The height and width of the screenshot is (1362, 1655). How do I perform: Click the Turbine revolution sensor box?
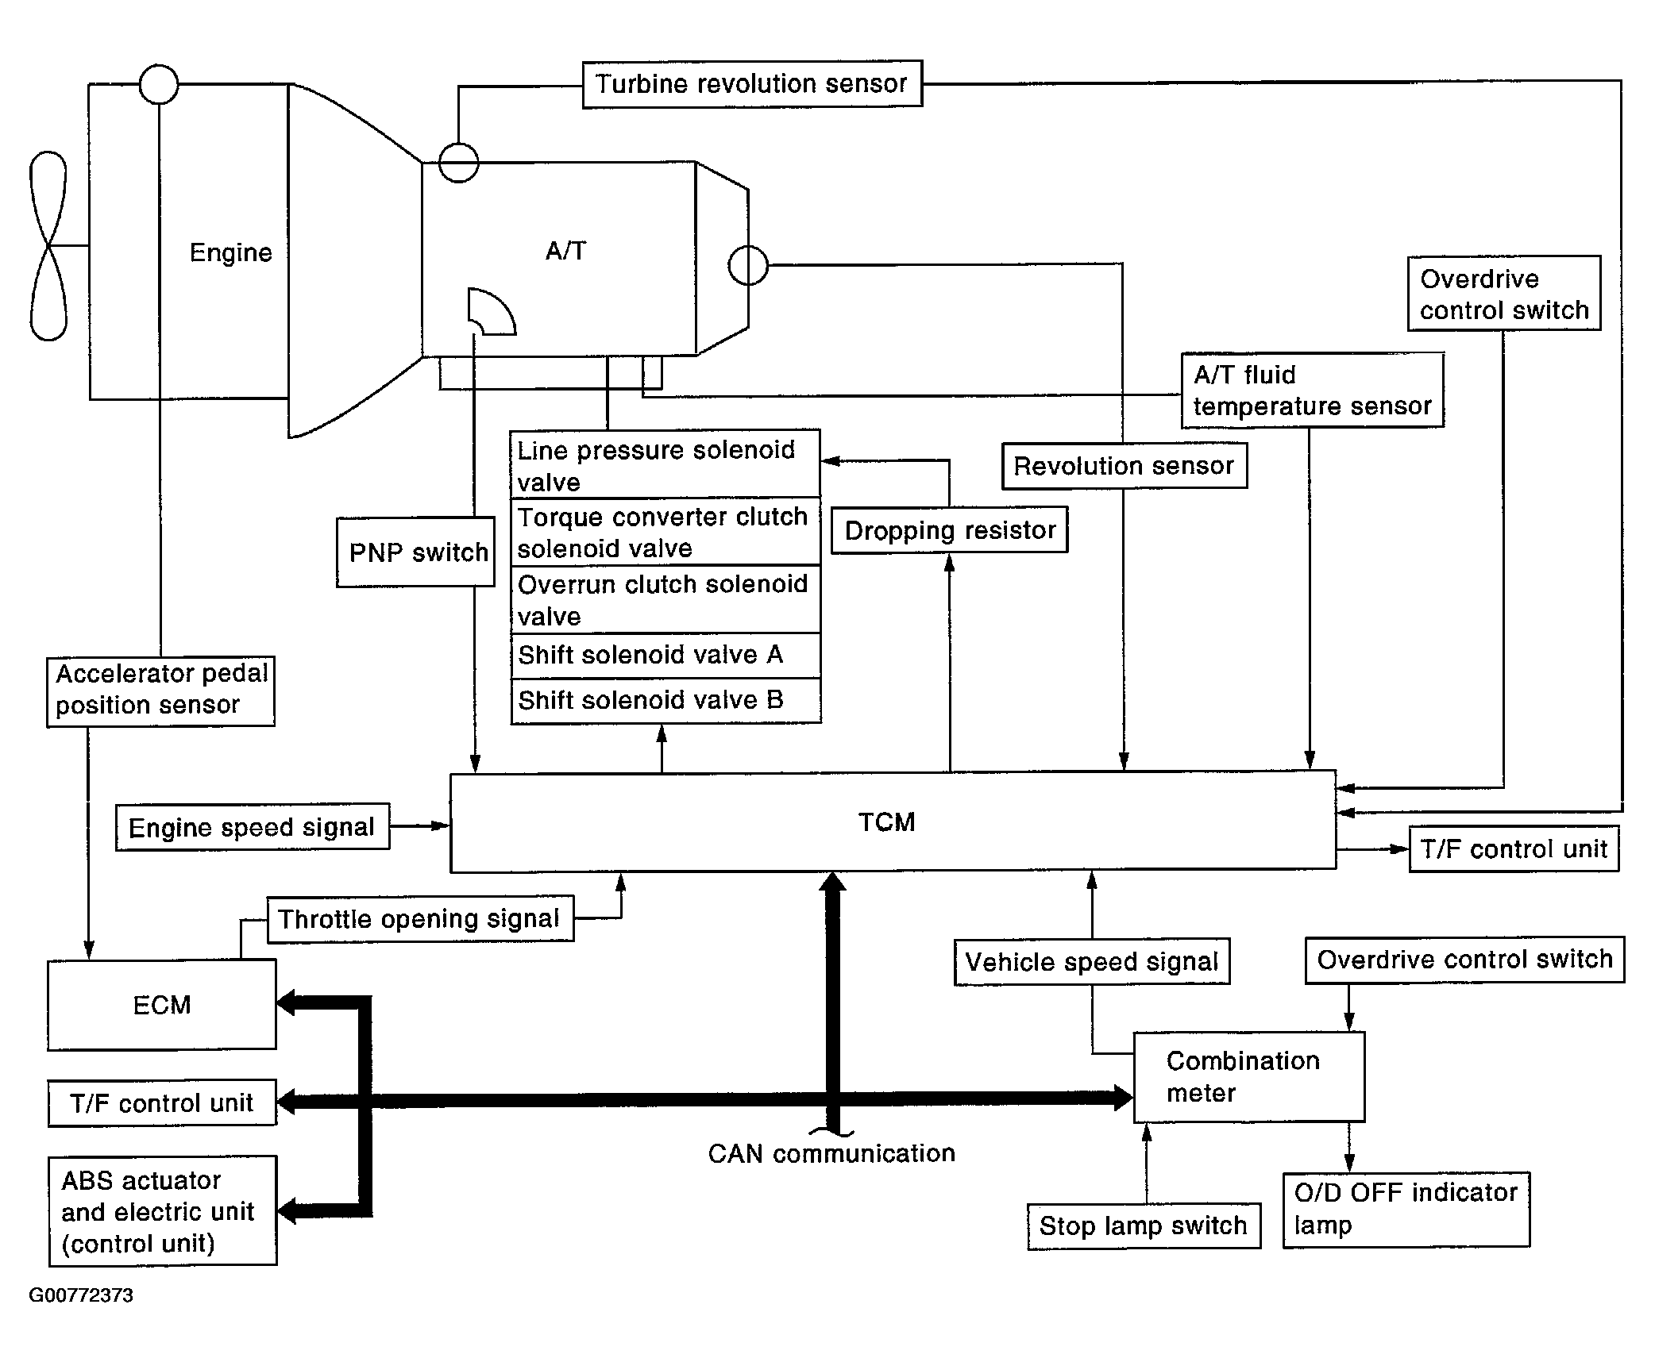752,84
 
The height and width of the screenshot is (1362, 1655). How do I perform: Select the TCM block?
893,821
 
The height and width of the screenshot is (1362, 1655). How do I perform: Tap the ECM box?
162,1005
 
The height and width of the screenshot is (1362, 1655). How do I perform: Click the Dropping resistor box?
950,530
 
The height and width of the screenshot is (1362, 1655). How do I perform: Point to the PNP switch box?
415,552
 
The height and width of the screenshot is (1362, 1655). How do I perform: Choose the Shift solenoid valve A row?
665,656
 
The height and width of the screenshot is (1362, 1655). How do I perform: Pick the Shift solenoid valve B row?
665,701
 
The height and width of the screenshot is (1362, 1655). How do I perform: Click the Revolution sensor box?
1125,466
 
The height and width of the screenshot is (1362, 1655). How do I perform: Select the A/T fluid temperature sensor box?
1313,391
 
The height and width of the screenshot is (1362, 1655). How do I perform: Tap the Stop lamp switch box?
1144,1226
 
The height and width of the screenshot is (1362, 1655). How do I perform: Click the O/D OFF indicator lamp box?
1406,1210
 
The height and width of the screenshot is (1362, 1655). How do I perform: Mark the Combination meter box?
1249,1077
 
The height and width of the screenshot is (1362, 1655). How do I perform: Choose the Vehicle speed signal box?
1092,962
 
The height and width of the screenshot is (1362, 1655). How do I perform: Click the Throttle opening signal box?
420,919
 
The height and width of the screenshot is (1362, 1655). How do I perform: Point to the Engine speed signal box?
253,827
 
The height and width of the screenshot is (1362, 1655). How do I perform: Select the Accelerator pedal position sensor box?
160,691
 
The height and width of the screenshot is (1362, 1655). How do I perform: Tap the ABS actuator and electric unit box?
163,1210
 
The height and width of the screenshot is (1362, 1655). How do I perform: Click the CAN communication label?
831,1154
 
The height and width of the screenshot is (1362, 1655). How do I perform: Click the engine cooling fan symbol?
48,246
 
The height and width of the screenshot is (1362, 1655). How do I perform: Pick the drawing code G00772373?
81,1295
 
